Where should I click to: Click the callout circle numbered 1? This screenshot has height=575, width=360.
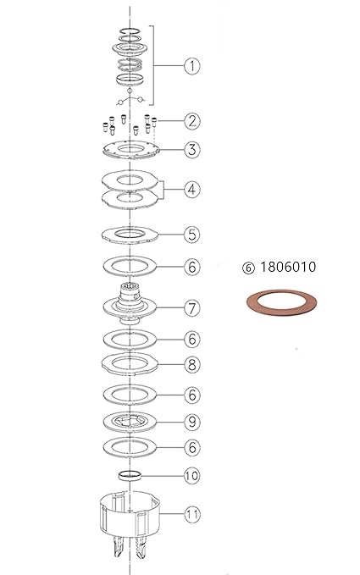click(192, 66)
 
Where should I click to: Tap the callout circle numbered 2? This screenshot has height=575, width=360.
click(192, 121)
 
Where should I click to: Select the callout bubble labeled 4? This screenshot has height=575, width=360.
click(192, 190)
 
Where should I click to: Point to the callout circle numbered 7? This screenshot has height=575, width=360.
click(192, 308)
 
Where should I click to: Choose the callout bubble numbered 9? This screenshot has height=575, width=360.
click(192, 422)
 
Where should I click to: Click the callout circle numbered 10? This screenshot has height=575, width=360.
click(192, 476)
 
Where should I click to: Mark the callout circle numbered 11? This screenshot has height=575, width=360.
click(192, 514)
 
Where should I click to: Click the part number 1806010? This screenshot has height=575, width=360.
click(288, 267)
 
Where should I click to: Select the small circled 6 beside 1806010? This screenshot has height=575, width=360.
click(248, 268)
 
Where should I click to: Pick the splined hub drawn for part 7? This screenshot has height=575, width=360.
click(130, 304)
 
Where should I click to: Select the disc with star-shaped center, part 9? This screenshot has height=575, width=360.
click(130, 422)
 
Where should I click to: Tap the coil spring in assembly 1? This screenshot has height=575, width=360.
click(130, 64)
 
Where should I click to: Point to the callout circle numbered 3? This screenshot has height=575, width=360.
click(192, 150)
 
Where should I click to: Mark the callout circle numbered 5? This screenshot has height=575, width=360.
click(192, 235)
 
